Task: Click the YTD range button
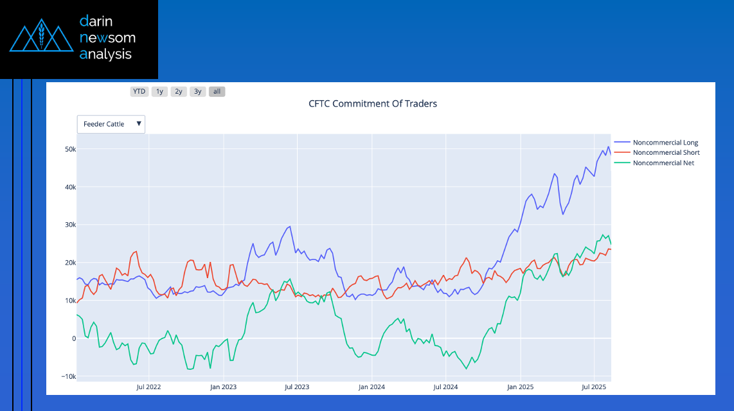(x=139, y=92)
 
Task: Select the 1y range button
(x=159, y=92)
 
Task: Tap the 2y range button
(x=179, y=92)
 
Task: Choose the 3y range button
(x=198, y=92)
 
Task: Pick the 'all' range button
(x=217, y=92)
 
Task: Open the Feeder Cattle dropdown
(x=111, y=124)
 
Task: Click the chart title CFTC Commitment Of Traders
(x=373, y=103)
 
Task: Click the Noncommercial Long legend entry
(x=665, y=143)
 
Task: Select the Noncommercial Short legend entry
(x=666, y=153)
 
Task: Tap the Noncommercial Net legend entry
(x=663, y=163)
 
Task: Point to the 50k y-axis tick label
(x=69, y=149)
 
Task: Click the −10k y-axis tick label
(x=67, y=376)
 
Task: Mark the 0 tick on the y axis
(x=73, y=338)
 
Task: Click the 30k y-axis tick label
(x=69, y=225)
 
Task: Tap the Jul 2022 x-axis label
(x=149, y=387)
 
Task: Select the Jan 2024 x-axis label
(x=371, y=387)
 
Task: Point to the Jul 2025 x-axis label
(x=594, y=387)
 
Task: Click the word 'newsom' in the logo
(x=107, y=38)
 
